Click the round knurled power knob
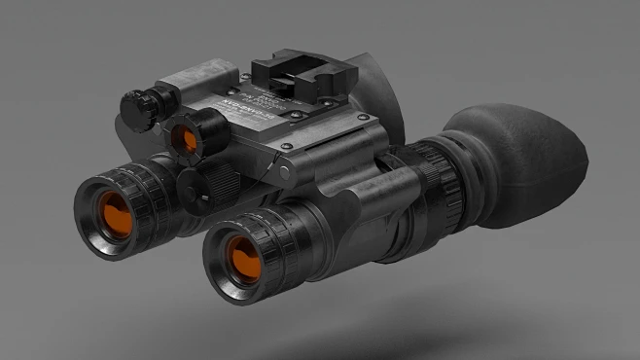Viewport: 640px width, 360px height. click(x=136, y=101)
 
